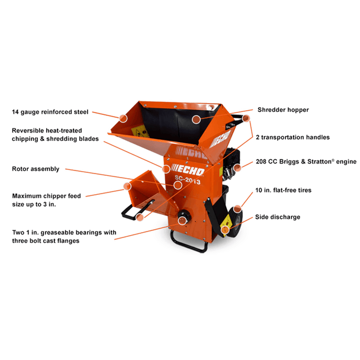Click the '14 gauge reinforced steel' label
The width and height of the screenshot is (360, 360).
tap(49, 111)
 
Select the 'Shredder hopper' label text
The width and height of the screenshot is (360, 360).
tap(283, 110)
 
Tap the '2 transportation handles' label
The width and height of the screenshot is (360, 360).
tap(293, 137)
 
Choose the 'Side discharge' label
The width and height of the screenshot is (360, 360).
tap(277, 217)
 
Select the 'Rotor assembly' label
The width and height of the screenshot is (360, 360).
tap(36, 169)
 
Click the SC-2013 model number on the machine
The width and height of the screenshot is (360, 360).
tap(187, 181)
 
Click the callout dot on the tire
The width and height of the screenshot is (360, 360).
tap(237, 208)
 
